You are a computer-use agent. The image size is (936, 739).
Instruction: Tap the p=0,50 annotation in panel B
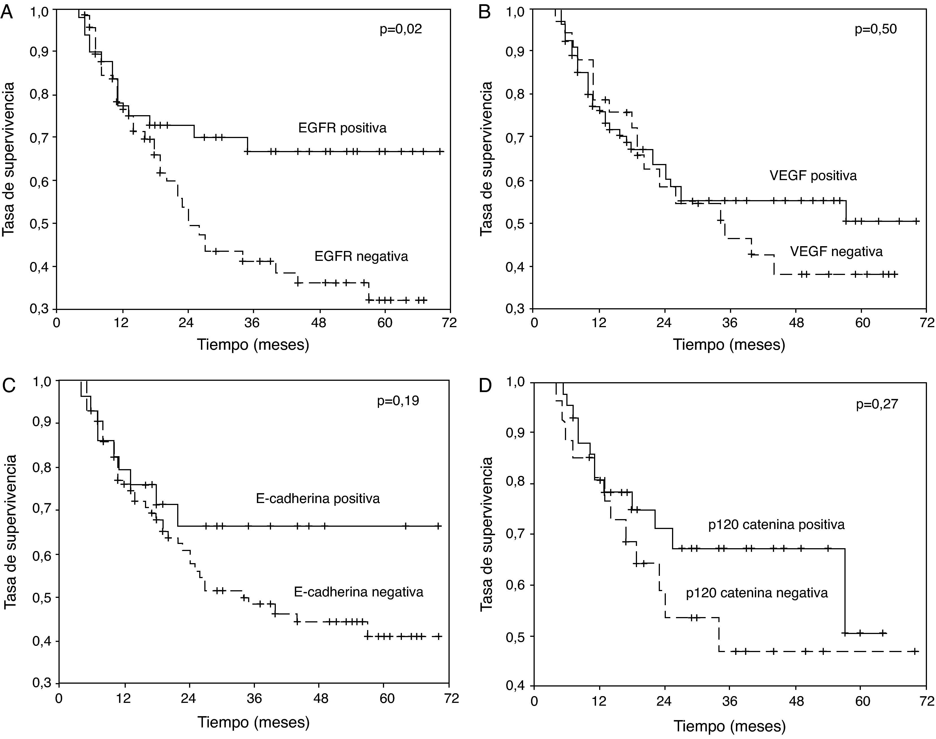[875, 29]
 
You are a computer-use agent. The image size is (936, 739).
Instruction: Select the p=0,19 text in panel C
[398, 401]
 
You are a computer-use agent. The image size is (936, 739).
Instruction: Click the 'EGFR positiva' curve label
[342, 128]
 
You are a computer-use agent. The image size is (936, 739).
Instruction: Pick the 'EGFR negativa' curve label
[361, 257]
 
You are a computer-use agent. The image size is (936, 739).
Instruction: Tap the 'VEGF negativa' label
[836, 252]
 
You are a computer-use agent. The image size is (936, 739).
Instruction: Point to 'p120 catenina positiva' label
[776, 525]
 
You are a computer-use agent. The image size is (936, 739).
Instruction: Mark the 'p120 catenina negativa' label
[757, 593]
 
